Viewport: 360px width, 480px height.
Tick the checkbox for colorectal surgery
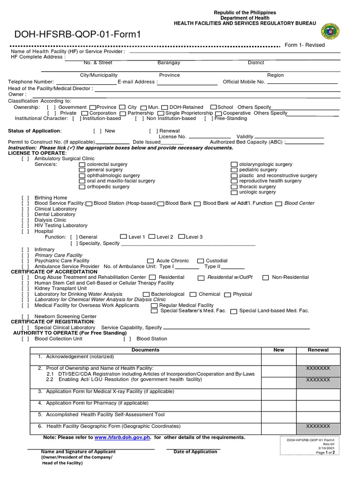82,165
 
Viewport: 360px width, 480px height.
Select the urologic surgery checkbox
234,192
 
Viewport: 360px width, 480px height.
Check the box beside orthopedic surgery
82,187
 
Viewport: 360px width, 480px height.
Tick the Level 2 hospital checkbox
152,237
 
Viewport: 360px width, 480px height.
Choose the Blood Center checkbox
279,203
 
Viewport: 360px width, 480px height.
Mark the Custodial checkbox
201,261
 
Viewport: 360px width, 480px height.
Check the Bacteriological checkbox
146,294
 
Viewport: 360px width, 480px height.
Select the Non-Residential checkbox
265,277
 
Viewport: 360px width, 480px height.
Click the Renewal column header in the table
318,350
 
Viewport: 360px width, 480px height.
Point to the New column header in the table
279,350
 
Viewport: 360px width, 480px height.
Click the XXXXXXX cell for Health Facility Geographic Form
318,426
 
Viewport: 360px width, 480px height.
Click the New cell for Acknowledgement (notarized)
279,359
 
